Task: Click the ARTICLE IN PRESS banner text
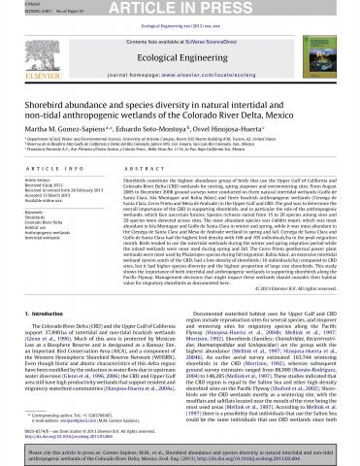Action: tap(180, 9)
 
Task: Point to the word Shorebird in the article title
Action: tap(45, 89)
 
